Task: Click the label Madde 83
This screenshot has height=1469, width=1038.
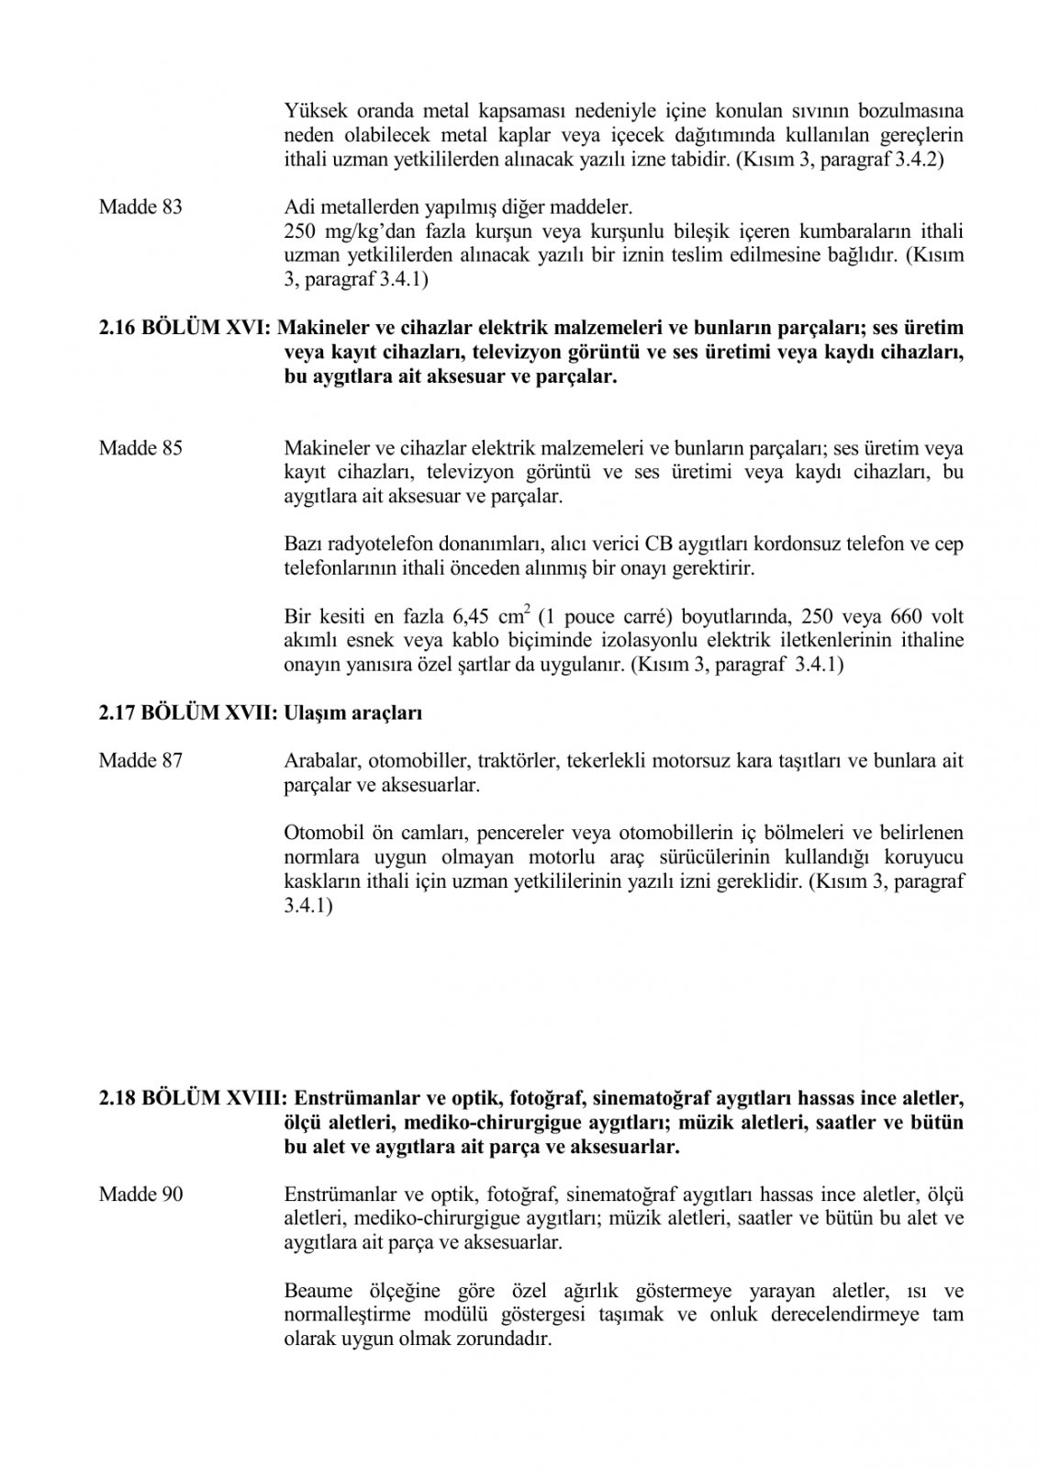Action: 140,207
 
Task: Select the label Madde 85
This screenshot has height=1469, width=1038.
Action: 140,449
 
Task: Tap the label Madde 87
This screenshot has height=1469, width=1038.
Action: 140,761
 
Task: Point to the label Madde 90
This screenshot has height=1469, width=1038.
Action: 140,1194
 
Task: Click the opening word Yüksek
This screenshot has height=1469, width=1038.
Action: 311,112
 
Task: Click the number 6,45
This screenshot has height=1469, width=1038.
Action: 476,616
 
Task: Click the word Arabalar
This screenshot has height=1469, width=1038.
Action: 317,761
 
